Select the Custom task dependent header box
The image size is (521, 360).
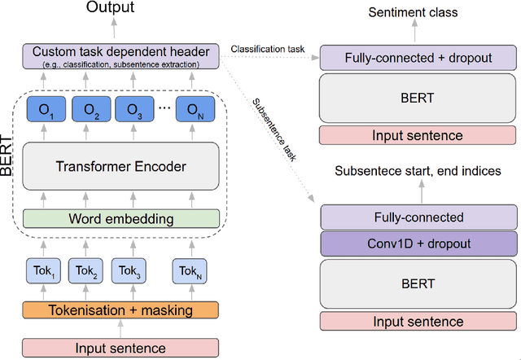click(121, 55)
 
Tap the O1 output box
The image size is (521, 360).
click(46, 110)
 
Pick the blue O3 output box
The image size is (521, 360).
click(134, 110)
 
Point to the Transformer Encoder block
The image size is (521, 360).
click(121, 167)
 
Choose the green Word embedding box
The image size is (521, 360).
click(121, 218)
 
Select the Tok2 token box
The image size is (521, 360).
click(86, 271)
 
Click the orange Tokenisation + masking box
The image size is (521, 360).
click(121, 310)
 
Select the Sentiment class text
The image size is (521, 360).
click(413, 13)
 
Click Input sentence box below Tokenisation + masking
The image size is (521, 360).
click(121, 348)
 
